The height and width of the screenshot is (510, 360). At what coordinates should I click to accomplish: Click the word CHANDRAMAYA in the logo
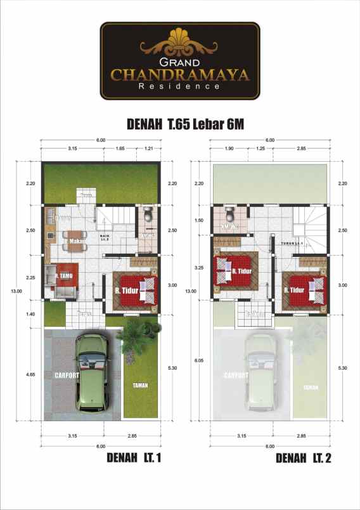[x=180, y=75]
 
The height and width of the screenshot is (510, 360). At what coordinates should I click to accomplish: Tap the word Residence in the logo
[x=180, y=87]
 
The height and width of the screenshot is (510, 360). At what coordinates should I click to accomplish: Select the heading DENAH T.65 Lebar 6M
[x=179, y=125]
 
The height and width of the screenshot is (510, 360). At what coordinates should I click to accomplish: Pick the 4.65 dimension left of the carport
[x=30, y=374]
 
